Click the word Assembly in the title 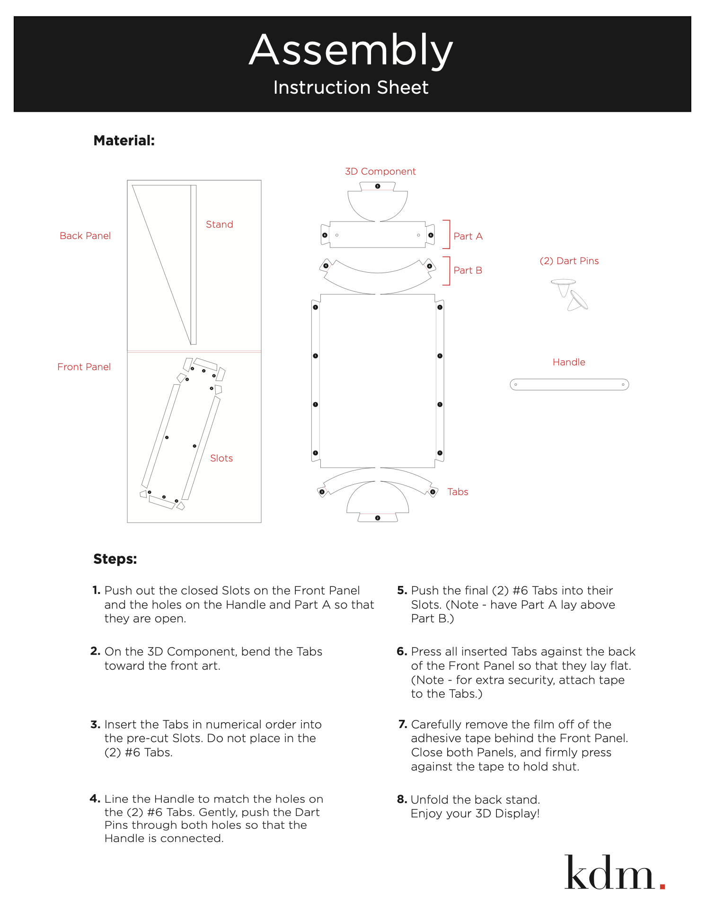click(x=351, y=50)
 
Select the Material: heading click(x=124, y=141)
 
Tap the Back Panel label click(x=85, y=236)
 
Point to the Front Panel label click(x=84, y=367)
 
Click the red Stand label click(x=219, y=224)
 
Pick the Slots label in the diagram click(x=221, y=458)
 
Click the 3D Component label click(x=380, y=171)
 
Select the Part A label click(x=468, y=236)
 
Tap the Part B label click(x=468, y=270)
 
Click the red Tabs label click(x=458, y=492)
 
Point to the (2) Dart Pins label click(x=569, y=261)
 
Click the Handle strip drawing click(x=569, y=384)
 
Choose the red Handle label click(x=569, y=362)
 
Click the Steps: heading click(x=115, y=559)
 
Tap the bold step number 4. click(x=95, y=799)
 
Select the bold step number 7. click(x=403, y=724)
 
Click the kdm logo click(x=609, y=873)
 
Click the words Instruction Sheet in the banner click(x=351, y=88)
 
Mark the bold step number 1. click(x=96, y=590)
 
